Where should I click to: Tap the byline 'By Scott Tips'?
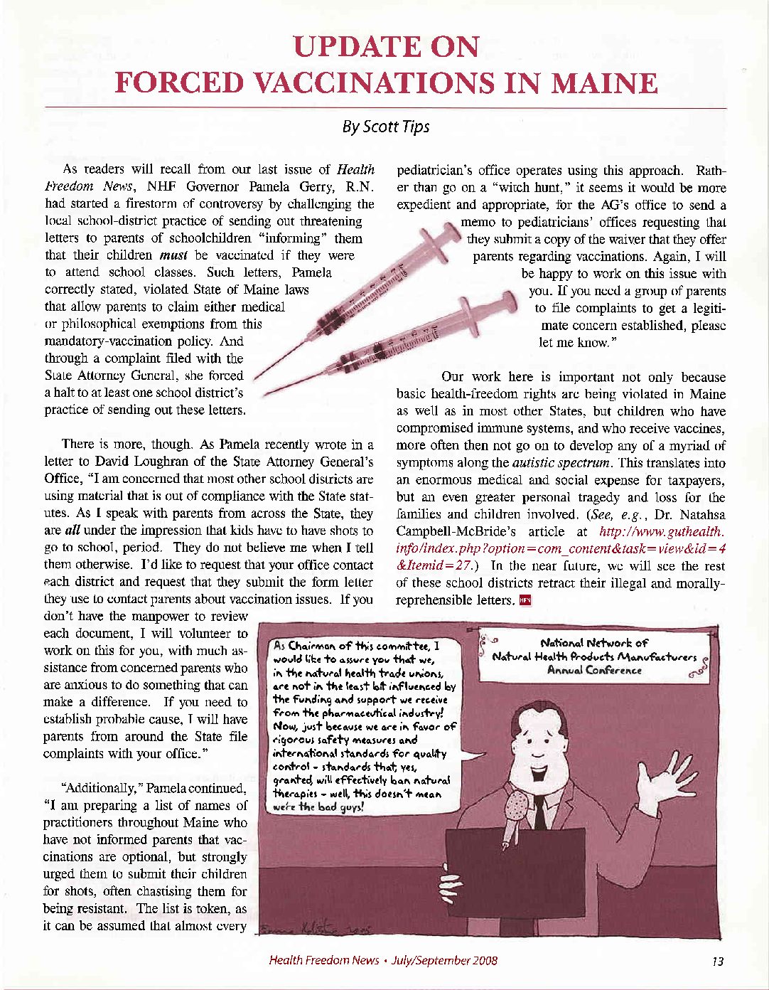tap(385, 127)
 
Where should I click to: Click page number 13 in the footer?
tap(717, 961)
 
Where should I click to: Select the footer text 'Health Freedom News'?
tap(323, 961)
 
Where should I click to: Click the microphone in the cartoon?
tap(515, 808)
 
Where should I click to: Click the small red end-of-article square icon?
tap(525, 600)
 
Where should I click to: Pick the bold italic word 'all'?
tap(73, 531)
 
